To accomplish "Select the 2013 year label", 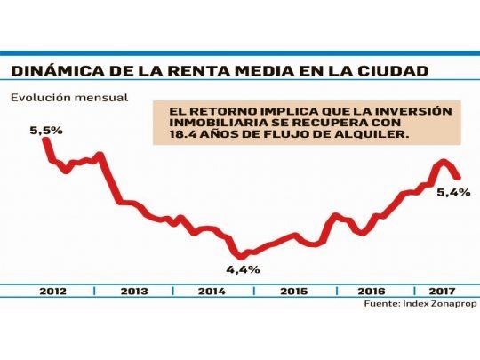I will pyautogui.click(x=133, y=291).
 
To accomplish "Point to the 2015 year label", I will pyautogui.click(x=294, y=291).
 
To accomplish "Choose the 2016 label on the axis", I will pyautogui.click(x=371, y=291).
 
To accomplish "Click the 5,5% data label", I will pyautogui.click(x=46, y=130).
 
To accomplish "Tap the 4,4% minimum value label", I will pyautogui.click(x=243, y=268).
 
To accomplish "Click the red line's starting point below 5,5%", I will pyautogui.click(x=45, y=140).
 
